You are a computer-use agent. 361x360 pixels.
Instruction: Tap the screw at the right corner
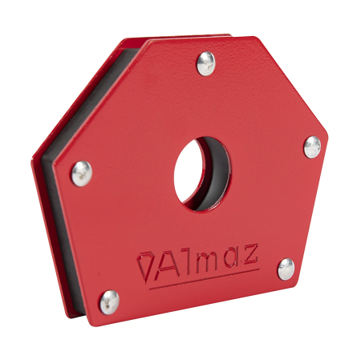click(312, 146)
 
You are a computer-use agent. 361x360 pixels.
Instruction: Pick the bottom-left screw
click(108, 301)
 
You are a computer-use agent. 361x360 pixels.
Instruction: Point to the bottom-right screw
click(285, 269)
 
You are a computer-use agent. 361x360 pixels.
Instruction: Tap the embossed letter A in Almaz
click(165, 262)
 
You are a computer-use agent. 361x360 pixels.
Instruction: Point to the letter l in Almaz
click(184, 260)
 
